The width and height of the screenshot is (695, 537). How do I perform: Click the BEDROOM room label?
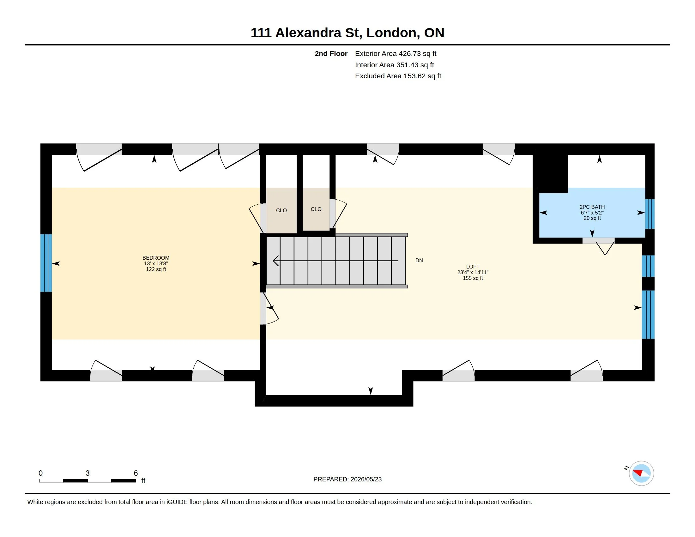point(156,258)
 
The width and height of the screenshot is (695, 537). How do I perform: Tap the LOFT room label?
point(473,267)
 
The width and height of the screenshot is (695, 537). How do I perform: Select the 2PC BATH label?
point(592,207)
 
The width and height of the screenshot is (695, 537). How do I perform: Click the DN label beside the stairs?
point(419,260)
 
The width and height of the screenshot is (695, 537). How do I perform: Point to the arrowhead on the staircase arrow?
point(275,261)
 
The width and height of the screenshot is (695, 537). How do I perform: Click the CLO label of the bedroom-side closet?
point(281,210)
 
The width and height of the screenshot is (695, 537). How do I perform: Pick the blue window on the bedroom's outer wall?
point(46,263)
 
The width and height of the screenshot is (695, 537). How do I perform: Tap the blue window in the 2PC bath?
point(650,214)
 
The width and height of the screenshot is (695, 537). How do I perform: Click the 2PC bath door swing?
point(605,249)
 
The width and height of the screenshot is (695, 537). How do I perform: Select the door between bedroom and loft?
point(269,308)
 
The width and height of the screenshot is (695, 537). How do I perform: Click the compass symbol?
point(641,473)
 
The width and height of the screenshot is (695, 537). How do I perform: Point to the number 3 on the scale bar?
point(88,473)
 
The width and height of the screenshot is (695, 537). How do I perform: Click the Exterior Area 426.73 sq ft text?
point(396,53)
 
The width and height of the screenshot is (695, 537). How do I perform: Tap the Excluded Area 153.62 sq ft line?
point(398,76)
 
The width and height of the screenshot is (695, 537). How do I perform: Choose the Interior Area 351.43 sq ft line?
point(394,65)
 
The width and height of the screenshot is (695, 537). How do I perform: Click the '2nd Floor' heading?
point(331,53)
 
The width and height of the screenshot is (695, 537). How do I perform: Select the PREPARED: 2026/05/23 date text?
point(347,479)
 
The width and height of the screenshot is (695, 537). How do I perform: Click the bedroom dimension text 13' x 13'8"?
point(156,263)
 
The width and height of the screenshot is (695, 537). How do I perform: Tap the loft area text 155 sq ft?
point(473,278)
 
